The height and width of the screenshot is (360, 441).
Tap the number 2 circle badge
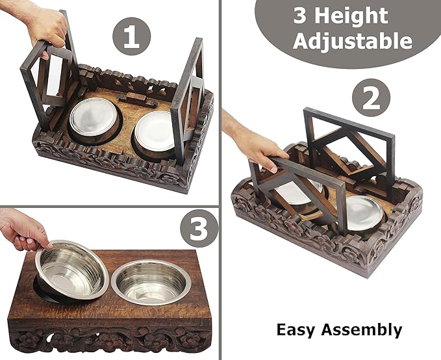coord(371,101)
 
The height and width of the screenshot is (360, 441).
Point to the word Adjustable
coord(352,42)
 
